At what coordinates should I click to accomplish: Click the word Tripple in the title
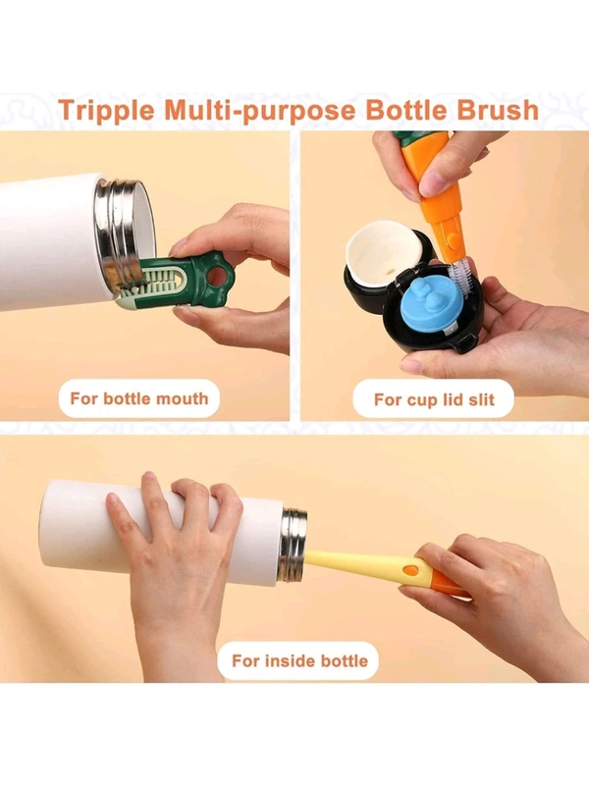click(x=107, y=111)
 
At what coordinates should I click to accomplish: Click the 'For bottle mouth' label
click(x=139, y=398)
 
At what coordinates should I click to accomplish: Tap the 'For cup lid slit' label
click(x=434, y=399)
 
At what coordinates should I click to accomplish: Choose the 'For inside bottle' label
click(x=299, y=660)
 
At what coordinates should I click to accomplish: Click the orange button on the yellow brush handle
click(x=411, y=570)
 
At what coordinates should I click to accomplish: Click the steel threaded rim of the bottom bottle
click(x=293, y=545)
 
